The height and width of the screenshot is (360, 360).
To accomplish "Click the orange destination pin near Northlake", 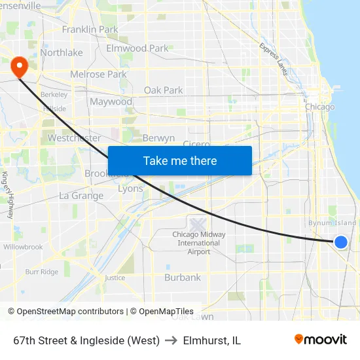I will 18,65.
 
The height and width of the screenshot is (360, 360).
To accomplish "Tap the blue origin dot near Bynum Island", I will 341,242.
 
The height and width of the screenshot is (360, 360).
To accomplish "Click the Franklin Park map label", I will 90,29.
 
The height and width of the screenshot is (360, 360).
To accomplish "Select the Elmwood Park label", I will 137,48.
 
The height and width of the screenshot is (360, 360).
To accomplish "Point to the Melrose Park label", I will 98,75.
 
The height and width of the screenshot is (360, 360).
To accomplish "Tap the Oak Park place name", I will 163,90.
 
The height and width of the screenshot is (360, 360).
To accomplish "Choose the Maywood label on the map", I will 111,102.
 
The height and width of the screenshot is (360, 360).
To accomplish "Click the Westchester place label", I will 74,138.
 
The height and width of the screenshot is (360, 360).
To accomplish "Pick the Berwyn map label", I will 158,138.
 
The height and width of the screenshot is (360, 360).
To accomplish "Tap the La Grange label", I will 81,196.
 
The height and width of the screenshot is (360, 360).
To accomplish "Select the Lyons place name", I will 130,189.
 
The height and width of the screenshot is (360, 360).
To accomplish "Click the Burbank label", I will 183,278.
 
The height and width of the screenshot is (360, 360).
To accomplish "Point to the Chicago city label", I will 319,107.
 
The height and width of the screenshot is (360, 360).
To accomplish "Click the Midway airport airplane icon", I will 198,225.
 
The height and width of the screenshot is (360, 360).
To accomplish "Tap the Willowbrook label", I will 23,247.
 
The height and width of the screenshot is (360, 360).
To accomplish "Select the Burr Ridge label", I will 41,272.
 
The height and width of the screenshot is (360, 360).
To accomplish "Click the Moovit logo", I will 320,340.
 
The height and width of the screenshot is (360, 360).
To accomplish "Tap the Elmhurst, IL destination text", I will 212,340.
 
